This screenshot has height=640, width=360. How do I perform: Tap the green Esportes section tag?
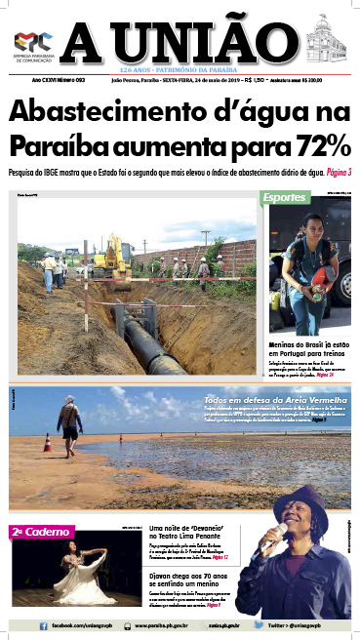(x=285, y=199)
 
